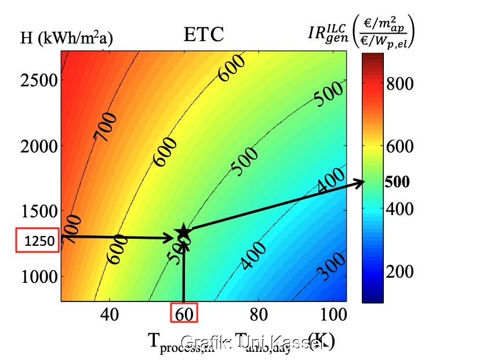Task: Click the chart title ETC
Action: coord(204,36)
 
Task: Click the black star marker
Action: coord(183,232)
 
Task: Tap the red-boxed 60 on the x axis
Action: coord(184,314)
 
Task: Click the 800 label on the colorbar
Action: coord(399,84)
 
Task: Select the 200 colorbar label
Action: coord(399,271)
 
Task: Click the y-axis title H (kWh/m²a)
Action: coord(67,39)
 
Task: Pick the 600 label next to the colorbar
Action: coord(399,147)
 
